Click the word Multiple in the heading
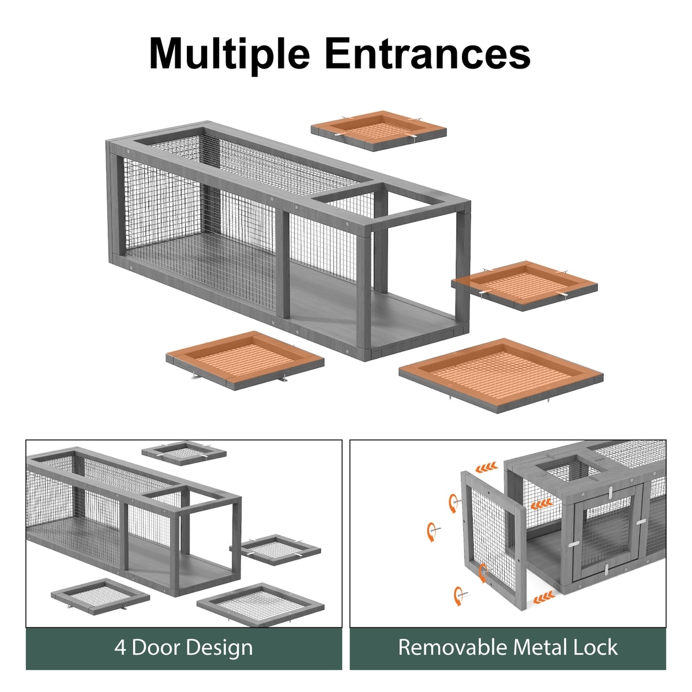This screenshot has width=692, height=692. [230, 54]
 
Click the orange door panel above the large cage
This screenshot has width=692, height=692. [378, 131]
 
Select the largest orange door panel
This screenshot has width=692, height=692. [501, 375]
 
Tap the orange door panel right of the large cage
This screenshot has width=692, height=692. [524, 285]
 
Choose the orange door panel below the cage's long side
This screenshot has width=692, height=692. [245, 360]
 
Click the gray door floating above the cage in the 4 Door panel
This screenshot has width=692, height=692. [184, 454]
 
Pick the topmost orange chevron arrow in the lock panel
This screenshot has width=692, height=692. [487, 467]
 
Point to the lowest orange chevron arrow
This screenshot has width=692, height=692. [544, 598]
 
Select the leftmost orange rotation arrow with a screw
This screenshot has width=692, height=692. [432, 532]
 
